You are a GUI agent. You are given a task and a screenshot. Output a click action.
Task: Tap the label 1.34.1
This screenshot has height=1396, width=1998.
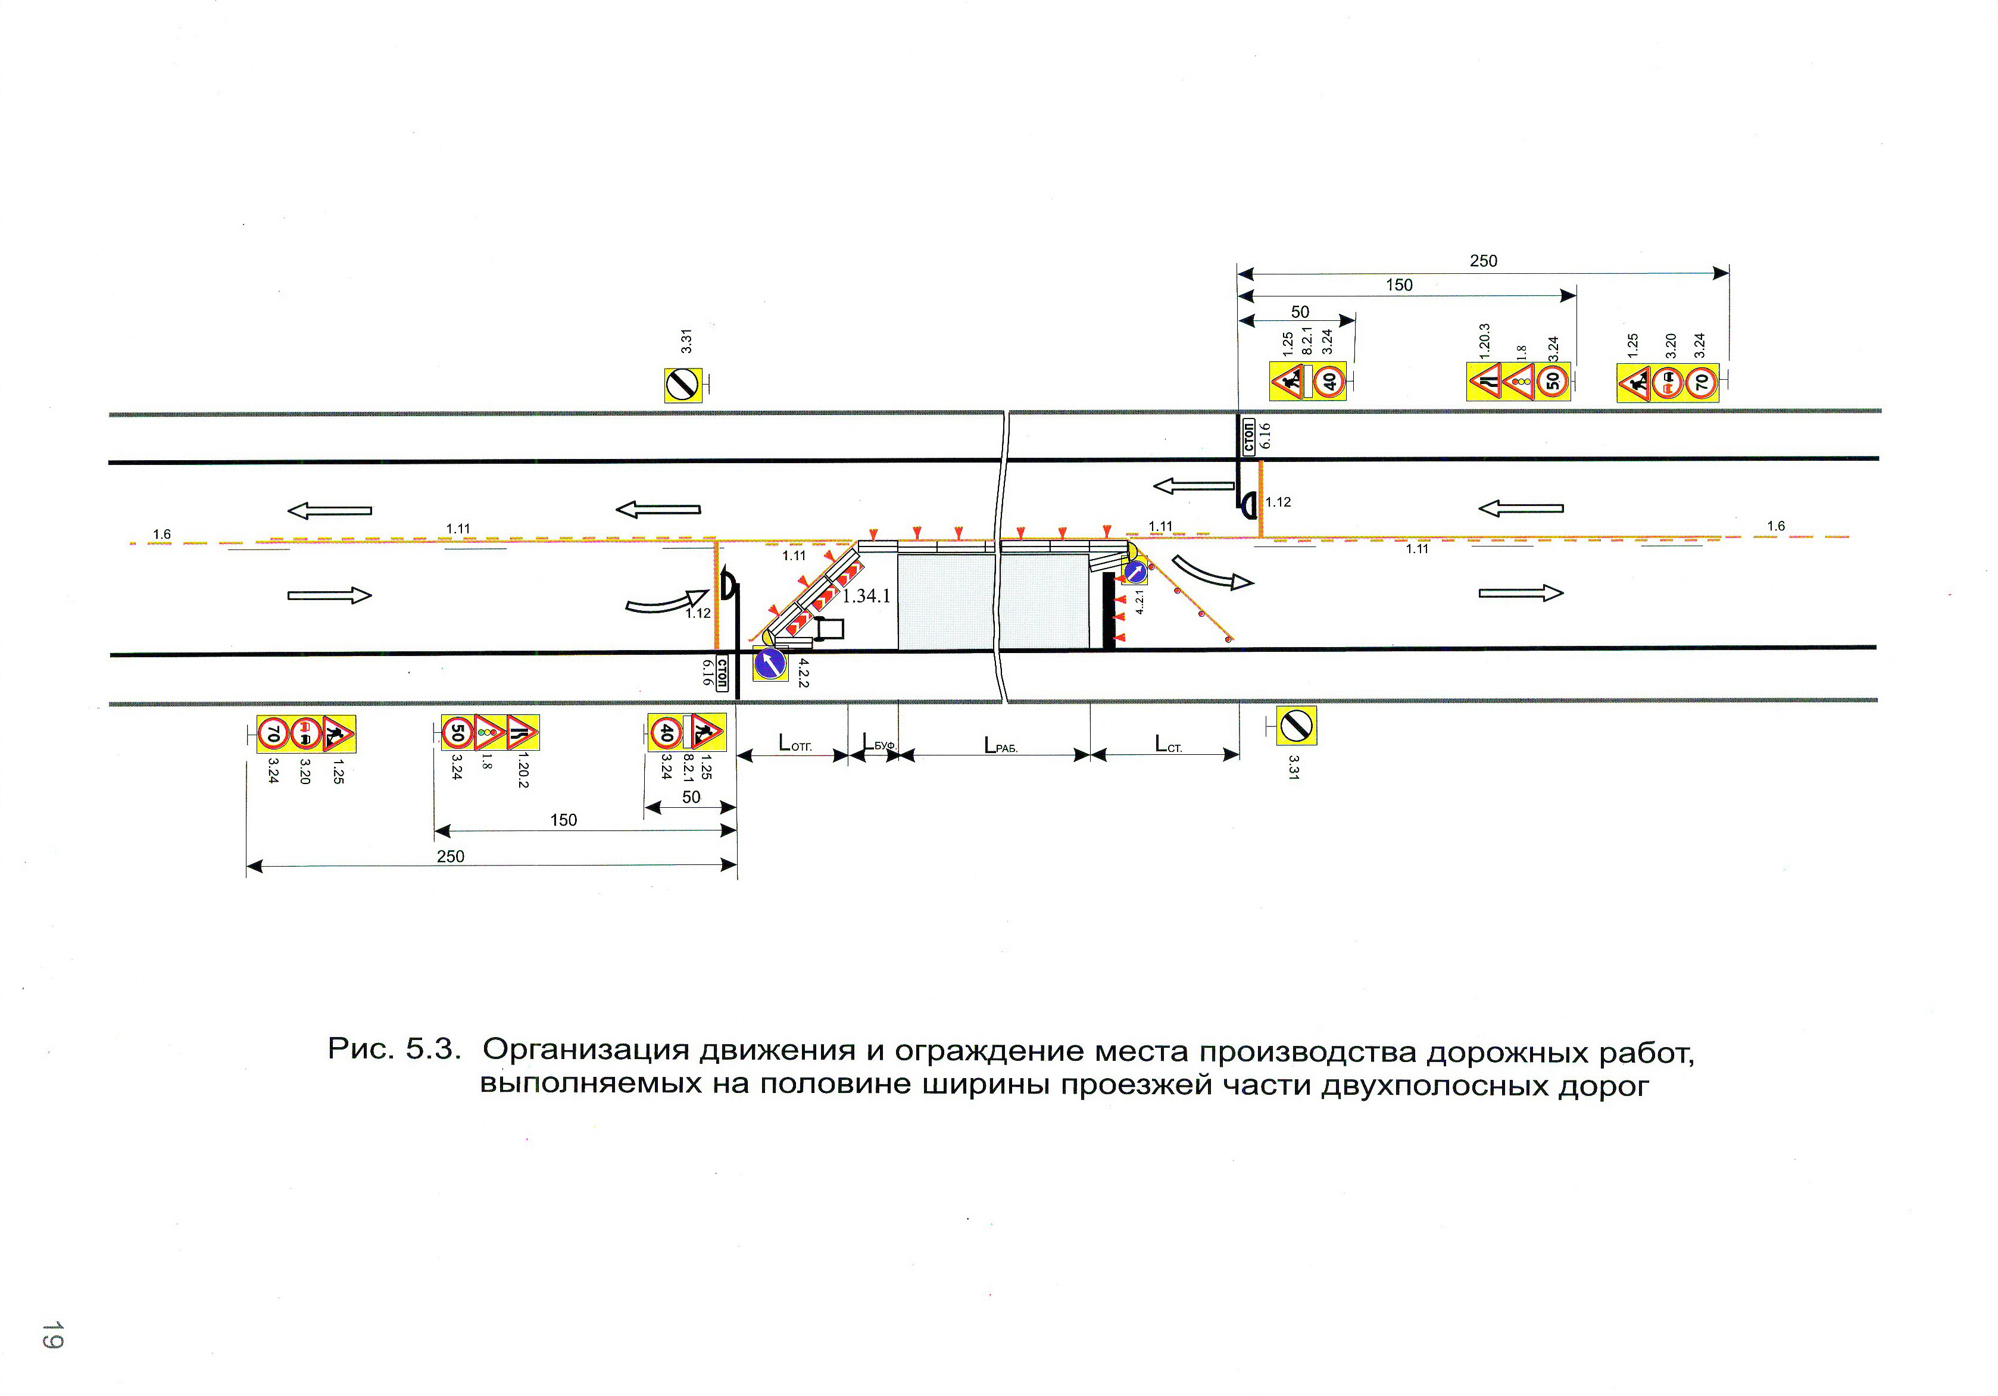tap(866, 596)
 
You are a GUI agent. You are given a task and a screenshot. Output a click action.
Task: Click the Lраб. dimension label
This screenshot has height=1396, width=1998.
tap(1000, 745)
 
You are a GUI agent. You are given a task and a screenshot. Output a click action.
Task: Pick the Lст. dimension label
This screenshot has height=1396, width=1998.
tap(1168, 744)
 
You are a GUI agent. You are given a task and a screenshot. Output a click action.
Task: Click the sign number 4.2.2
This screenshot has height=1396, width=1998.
tap(803, 672)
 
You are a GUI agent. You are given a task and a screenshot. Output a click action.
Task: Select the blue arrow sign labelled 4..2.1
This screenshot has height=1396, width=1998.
tap(1135, 572)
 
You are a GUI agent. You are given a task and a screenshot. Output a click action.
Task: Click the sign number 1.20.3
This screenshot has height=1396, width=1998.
tap(1485, 341)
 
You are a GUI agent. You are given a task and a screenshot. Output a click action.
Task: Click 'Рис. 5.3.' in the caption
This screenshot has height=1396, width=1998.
tap(394, 1049)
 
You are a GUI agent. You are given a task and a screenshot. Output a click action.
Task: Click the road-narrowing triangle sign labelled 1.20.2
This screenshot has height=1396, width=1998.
tap(522, 733)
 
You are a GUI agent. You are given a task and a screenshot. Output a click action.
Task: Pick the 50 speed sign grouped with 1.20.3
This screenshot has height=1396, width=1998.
tap(1553, 381)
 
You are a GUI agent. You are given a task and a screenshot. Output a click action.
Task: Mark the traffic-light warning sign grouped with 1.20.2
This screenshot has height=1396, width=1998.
tap(490, 733)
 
